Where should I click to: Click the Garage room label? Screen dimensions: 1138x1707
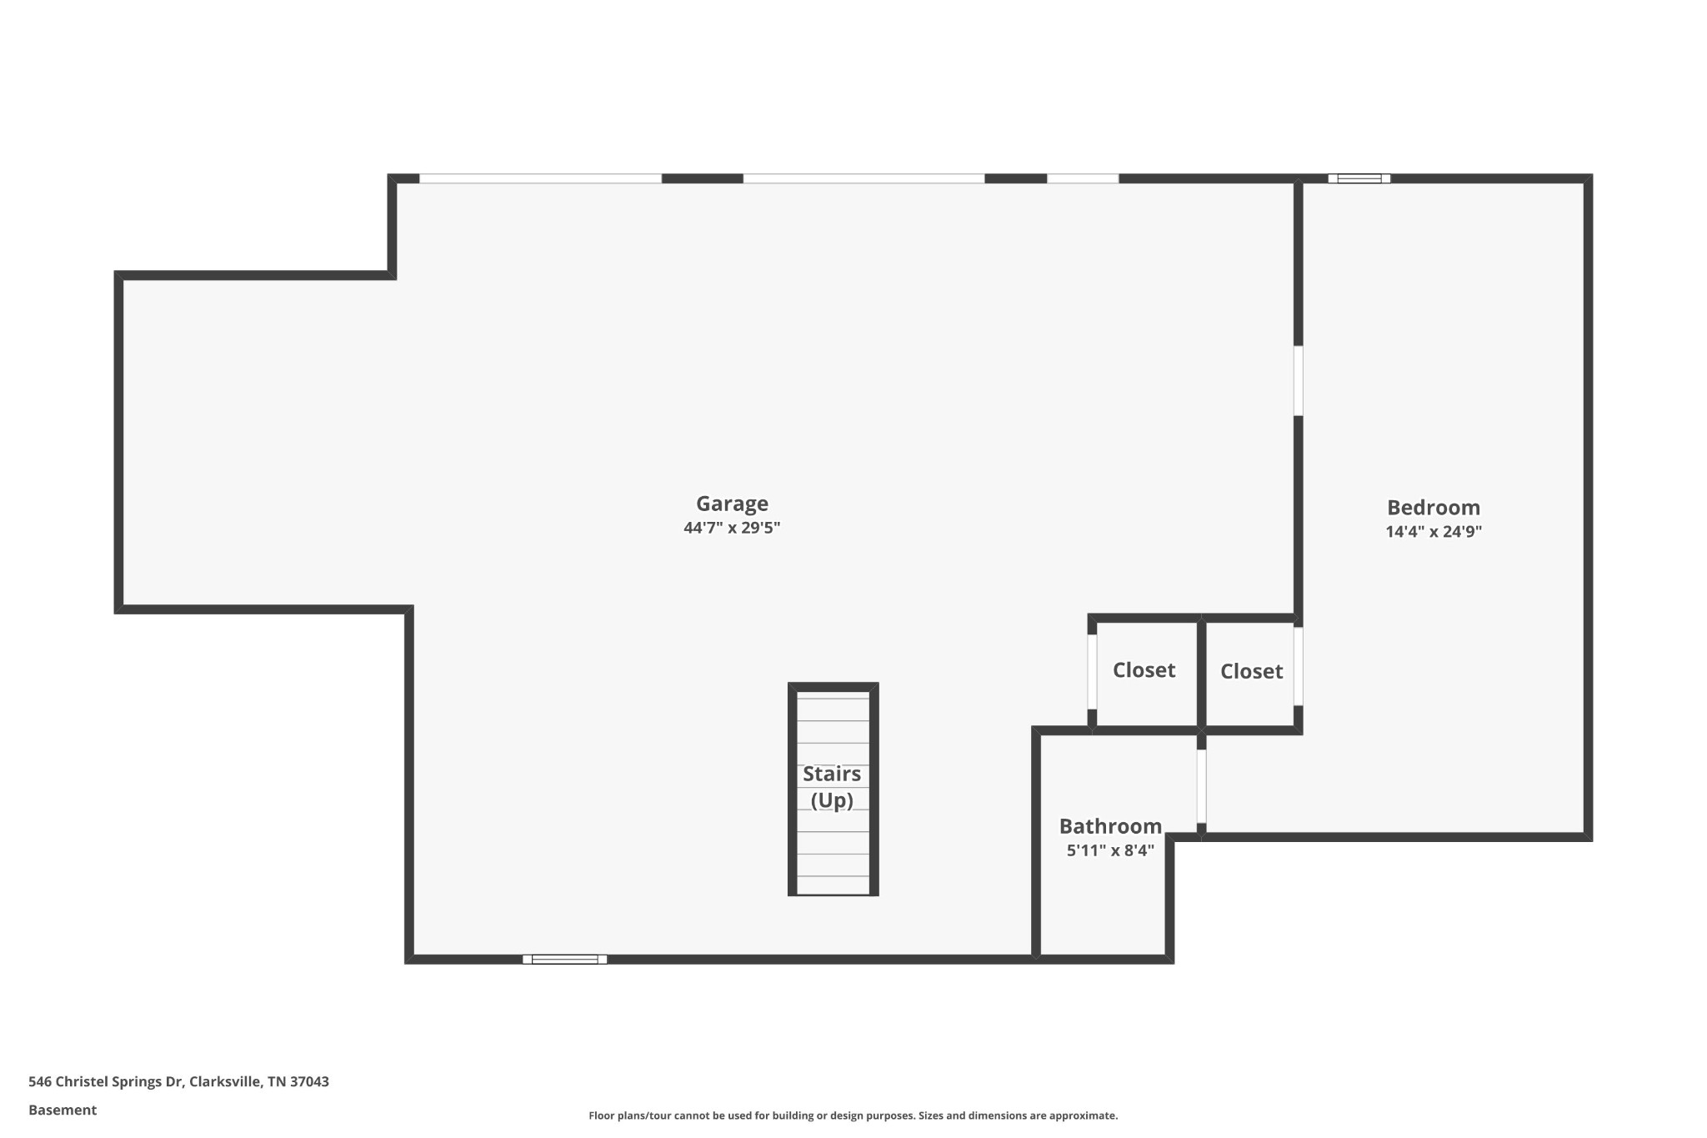[732, 504]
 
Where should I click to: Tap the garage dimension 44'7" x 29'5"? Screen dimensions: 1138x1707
[732, 528]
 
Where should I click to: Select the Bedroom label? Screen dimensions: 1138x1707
[1434, 508]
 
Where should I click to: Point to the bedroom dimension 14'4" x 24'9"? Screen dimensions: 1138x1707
[1434, 532]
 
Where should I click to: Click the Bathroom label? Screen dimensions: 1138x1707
[1110, 826]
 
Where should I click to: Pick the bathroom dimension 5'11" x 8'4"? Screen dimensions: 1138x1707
[1110, 851]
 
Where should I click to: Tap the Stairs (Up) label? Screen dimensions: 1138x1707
[832, 787]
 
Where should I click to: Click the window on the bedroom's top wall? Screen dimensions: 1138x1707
[1359, 178]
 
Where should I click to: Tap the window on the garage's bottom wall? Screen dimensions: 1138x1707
[564, 960]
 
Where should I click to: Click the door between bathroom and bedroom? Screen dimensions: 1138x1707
[1201, 786]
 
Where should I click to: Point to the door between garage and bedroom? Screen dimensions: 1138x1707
[1298, 380]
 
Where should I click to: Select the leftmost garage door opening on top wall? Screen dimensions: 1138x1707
[540, 178]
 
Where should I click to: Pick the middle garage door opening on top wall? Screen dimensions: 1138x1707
[864, 178]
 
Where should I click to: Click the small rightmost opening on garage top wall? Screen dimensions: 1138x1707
[1082, 178]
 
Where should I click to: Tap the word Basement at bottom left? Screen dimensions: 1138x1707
[63, 1110]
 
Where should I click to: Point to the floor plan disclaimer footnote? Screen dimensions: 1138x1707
[853, 1115]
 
